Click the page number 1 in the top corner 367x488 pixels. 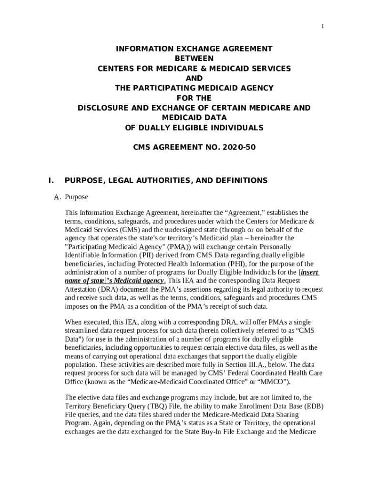coord(323,26)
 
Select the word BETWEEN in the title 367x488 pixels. coord(194,59)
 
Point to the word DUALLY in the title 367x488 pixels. coord(169,128)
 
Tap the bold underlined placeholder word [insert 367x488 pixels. coord(309,273)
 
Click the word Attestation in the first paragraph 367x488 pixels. coord(81,290)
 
